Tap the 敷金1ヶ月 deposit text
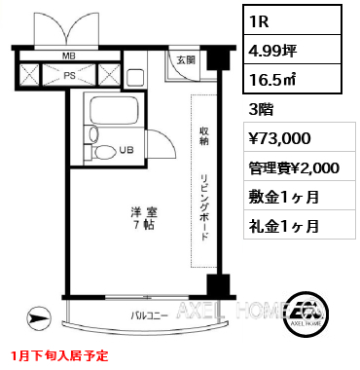pos(285,196)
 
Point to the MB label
pos(69,56)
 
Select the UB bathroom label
pos(126,149)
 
